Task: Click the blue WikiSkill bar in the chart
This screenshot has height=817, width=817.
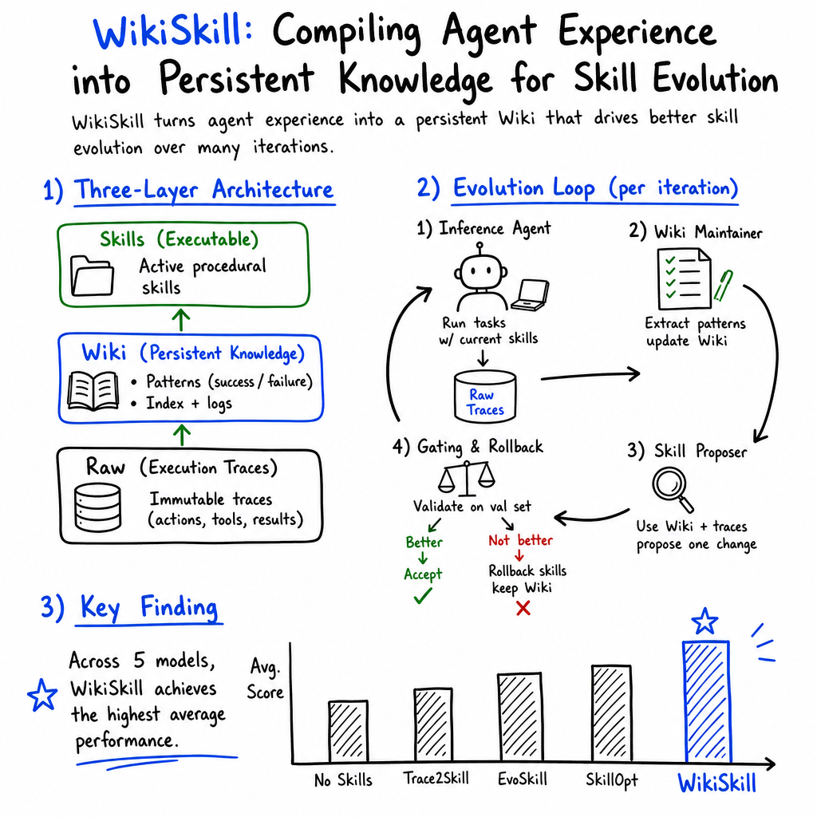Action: click(707, 702)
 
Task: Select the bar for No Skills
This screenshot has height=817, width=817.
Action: click(348, 732)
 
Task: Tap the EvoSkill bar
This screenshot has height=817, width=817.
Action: click(520, 718)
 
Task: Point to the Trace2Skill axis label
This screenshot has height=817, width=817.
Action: click(436, 779)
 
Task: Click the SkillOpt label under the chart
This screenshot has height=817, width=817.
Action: click(612, 780)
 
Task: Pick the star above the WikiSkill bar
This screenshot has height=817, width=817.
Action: click(705, 621)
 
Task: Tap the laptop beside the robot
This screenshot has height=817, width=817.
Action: click(530, 295)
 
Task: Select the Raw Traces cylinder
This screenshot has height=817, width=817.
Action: click(485, 396)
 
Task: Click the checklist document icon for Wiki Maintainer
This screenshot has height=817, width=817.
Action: click(684, 278)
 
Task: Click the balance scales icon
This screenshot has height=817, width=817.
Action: click(466, 478)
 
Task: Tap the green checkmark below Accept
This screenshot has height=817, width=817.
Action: click(423, 595)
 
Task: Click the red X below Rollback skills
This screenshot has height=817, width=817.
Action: click(523, 608)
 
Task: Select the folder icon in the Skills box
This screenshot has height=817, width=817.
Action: click(92, 275)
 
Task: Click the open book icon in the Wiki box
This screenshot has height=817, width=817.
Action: click(93, 391)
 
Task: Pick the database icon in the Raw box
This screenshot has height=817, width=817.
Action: click(97, 507)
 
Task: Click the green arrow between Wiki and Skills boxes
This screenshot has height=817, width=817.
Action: click(181, 320)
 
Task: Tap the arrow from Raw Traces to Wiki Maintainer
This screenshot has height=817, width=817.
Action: click(590, 375)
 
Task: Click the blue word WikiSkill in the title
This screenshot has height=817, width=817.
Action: click(173, 32)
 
